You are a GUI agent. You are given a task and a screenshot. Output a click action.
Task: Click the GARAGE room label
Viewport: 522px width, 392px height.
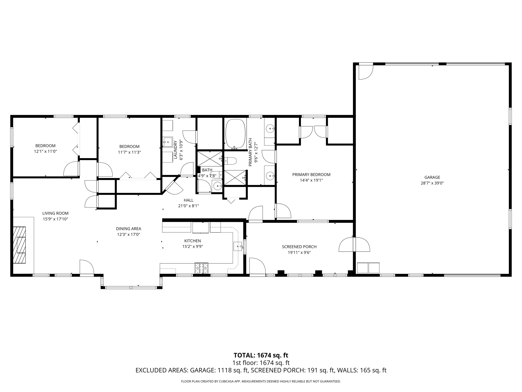(432, 177)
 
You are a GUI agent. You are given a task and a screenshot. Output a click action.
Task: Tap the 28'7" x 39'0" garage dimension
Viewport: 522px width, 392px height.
(432, 183)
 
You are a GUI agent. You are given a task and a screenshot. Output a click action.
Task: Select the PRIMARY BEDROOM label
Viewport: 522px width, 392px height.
(311, 175)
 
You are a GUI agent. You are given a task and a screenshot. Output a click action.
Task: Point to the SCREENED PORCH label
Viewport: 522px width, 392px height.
(299, 247)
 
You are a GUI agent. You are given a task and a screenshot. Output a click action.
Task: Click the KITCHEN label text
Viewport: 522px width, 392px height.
(192, 241)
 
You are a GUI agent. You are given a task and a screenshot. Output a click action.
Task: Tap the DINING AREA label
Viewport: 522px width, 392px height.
(128, 229)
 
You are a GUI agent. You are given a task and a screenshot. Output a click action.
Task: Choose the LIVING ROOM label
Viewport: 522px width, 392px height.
(55, 213)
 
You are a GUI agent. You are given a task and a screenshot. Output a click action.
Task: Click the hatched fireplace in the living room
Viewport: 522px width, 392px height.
(20, 245)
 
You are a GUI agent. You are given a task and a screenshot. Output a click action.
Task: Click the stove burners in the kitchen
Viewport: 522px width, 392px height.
(201, 268)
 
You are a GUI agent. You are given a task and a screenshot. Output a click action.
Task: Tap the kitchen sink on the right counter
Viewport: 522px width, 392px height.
(238, 247)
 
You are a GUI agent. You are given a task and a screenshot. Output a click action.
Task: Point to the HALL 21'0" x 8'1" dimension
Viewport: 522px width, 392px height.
(188, 206)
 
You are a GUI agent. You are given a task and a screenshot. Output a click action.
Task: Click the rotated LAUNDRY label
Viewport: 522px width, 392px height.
(175, 150)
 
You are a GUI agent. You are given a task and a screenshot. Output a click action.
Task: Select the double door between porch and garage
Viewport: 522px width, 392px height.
(354, 244)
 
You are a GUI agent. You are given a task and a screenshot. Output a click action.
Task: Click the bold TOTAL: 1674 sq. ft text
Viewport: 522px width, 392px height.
(261, 355)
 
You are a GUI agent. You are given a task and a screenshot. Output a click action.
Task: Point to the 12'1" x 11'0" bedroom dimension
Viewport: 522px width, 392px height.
(45, 151)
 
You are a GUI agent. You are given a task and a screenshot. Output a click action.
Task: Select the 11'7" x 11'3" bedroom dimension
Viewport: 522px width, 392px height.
(129, 152)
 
